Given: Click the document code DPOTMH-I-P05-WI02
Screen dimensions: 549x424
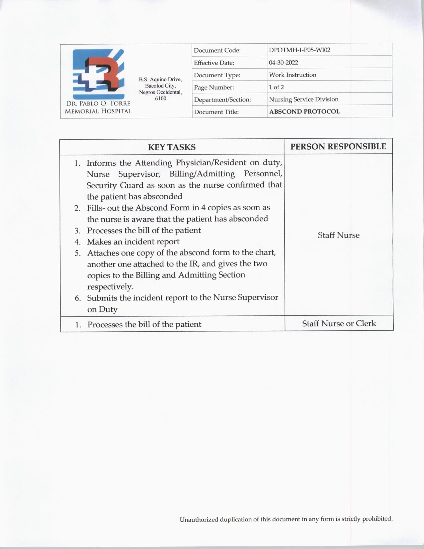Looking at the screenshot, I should pos(299,50).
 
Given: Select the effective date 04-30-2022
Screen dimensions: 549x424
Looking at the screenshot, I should pos(283,63).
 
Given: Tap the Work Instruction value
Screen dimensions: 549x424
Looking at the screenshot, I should pos(293,75).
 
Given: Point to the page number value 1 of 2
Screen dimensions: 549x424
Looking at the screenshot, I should pos(276,87).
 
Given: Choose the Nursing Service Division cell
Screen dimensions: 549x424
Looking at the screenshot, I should pos(304,99).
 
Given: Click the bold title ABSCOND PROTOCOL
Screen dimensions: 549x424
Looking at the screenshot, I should pos(304,112).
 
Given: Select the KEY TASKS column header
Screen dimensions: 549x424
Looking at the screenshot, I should pos(172,147).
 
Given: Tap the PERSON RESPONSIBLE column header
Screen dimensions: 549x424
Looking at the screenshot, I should pos(338,146).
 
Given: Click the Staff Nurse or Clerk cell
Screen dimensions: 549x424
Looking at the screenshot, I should pos(339,323).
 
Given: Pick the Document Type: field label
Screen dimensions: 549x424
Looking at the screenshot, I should pos(217,75).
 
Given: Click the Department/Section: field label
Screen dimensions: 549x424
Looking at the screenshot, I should pos(222,100).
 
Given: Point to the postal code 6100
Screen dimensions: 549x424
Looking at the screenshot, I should pos(161,98).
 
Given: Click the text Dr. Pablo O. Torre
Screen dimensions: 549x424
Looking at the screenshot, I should pos(98,103).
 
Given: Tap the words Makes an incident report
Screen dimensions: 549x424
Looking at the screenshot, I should pos(133,242).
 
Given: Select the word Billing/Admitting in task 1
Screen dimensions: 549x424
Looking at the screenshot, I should pos(202,174).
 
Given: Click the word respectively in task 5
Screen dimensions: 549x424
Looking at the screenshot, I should pos(110,286).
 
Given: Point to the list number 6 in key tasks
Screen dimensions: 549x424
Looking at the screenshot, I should pos(77,298).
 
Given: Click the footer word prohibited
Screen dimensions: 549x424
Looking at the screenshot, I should pos(377,518).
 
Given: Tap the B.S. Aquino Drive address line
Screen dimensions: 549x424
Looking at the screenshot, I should pos(160,80).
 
